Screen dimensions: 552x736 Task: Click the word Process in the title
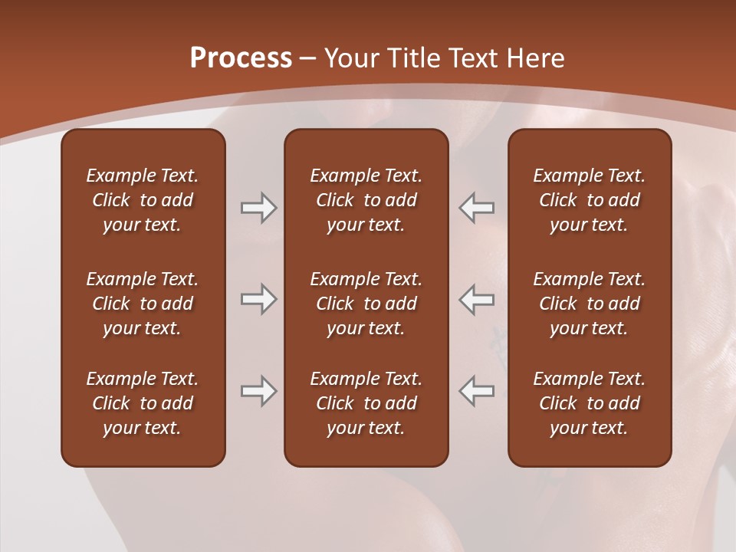coord(241,58)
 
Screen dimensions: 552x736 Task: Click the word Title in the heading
coord(414,58)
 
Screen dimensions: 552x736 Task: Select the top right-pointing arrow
coord(258,208)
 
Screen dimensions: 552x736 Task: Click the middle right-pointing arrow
coord(258,299)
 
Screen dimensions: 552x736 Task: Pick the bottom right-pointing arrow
coord(258,390)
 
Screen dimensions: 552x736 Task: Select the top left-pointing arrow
coord(476,208)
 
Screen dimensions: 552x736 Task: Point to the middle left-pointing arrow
coord(476,299)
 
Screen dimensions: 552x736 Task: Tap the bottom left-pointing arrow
coord(476,390)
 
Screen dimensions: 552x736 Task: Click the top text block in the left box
coord(143,200)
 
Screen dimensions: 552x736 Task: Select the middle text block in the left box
coord(143,304)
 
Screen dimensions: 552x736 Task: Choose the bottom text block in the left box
coord(143,403)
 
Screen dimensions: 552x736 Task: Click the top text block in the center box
coord(366,200)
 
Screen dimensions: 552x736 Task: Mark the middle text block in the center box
coord(366,304)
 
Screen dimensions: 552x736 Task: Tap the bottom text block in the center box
coord(366,403)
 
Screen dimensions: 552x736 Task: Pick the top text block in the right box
coord(589,200)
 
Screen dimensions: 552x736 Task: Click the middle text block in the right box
coord(589,304)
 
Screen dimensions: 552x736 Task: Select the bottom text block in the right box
coord(589,403)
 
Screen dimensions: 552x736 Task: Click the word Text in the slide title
coord(471,58)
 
